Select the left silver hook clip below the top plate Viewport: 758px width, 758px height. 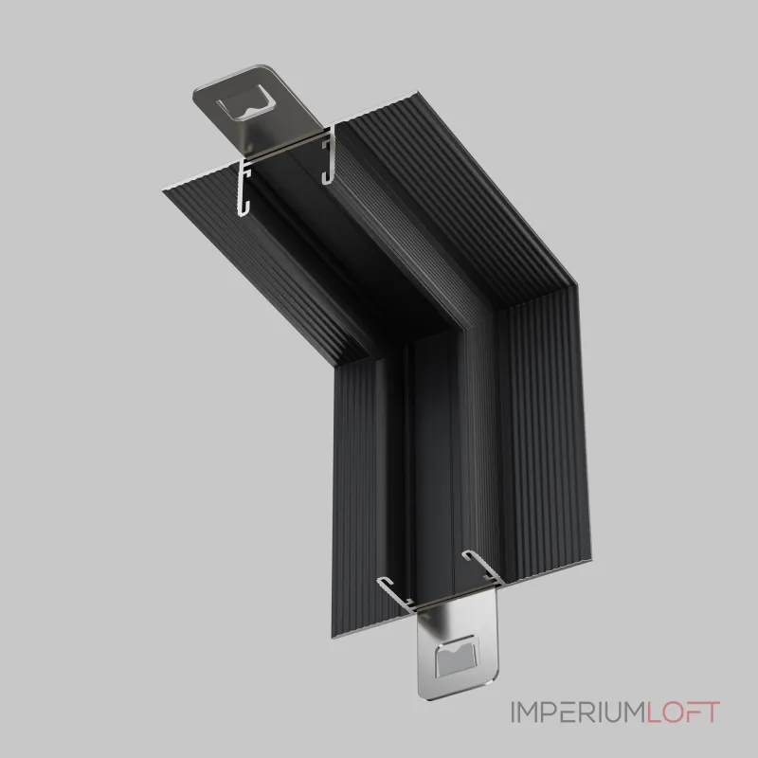click(x=245, y=186)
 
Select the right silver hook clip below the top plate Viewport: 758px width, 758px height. click(x=329, y=154)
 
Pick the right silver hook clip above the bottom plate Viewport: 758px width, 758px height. click(x=478, y=566)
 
